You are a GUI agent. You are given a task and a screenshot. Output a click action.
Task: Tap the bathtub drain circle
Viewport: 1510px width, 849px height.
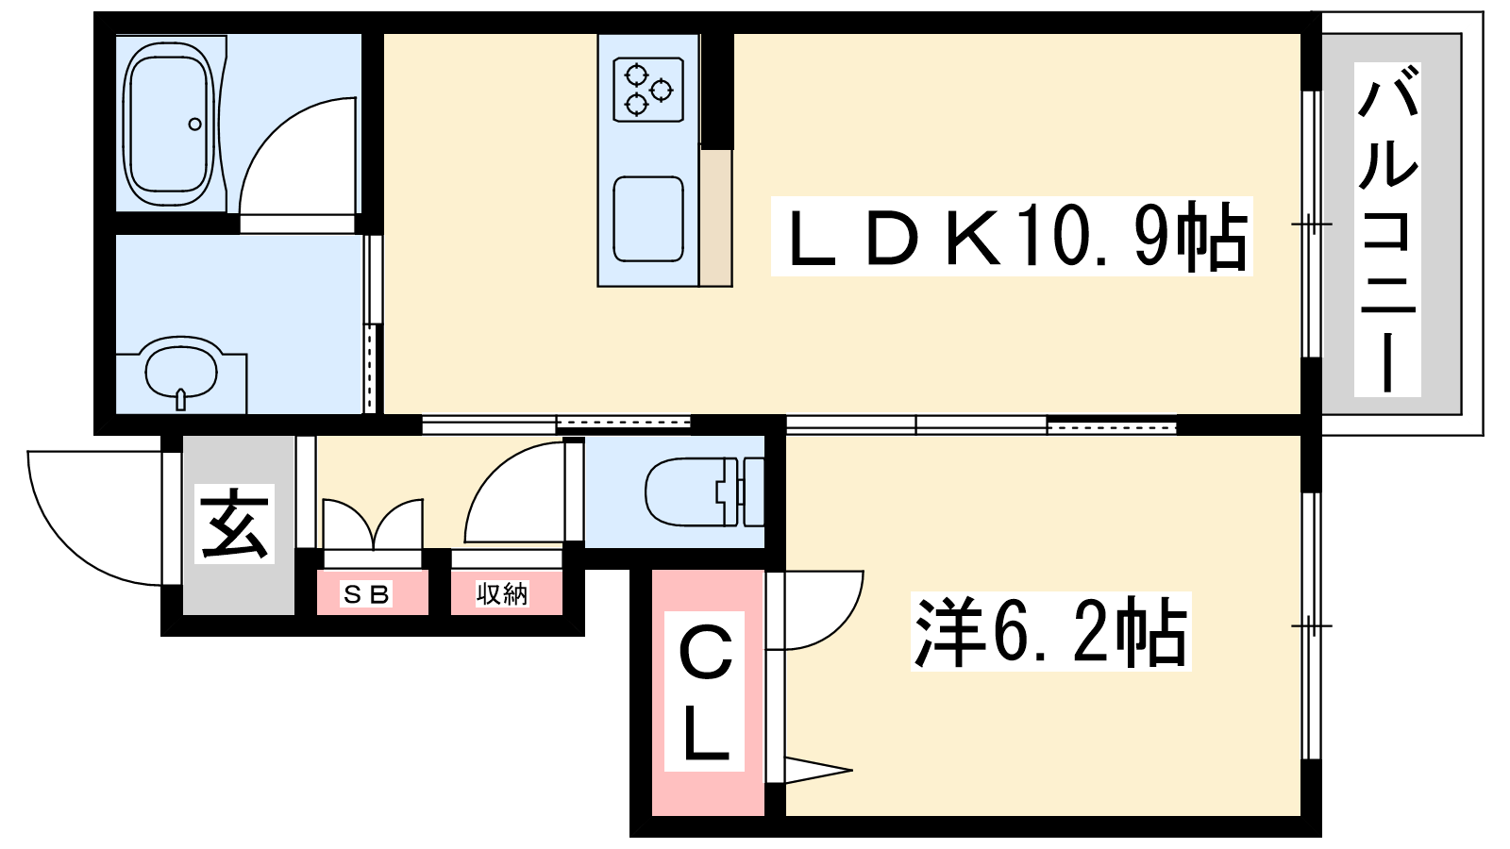[194, 124]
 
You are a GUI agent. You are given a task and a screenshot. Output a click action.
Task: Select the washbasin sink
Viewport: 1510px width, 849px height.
[181, 373]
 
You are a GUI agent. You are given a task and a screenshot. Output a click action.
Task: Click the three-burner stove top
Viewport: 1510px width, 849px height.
[648, 90]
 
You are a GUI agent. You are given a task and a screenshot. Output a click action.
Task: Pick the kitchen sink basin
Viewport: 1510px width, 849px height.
[648, 219]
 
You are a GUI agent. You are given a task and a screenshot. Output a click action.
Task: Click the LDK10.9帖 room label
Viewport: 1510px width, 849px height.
[1012, 237]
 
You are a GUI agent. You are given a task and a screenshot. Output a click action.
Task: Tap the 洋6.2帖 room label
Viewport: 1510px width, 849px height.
[1051, 631]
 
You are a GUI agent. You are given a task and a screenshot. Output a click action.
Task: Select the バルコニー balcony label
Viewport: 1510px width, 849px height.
[1387, 229]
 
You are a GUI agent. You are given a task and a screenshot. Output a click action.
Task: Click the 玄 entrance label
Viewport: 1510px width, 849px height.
[235, 524]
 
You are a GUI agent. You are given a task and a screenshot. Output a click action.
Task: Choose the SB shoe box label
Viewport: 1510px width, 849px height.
[366, 593]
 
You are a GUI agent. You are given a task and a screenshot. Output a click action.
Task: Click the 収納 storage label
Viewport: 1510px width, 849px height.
[502, 593]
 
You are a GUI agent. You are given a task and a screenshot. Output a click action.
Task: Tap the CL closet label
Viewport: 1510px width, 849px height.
[704, 691]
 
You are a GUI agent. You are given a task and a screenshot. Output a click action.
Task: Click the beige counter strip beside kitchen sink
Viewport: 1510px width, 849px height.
[715, 217]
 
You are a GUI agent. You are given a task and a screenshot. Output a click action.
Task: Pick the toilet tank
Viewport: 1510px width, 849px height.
[754, 491]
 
